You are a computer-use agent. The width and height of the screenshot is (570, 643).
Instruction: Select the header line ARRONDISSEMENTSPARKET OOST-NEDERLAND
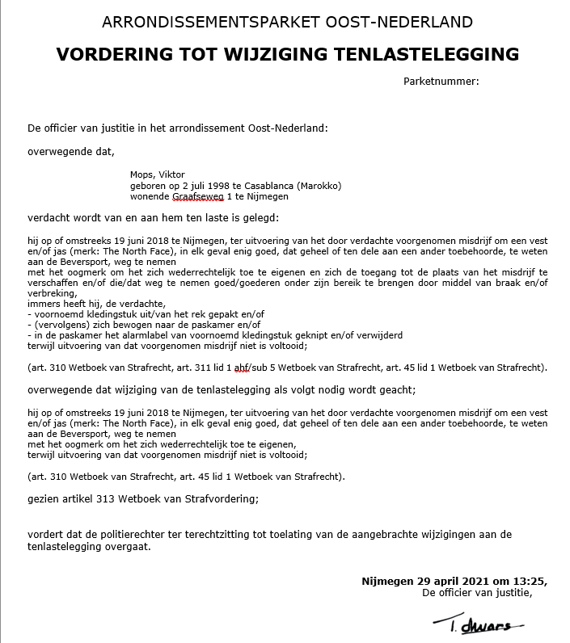coord(288,22)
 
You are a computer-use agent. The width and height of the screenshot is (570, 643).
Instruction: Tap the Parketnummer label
coord(441,81)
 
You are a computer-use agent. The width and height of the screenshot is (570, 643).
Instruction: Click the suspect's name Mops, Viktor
coord(157,174)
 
